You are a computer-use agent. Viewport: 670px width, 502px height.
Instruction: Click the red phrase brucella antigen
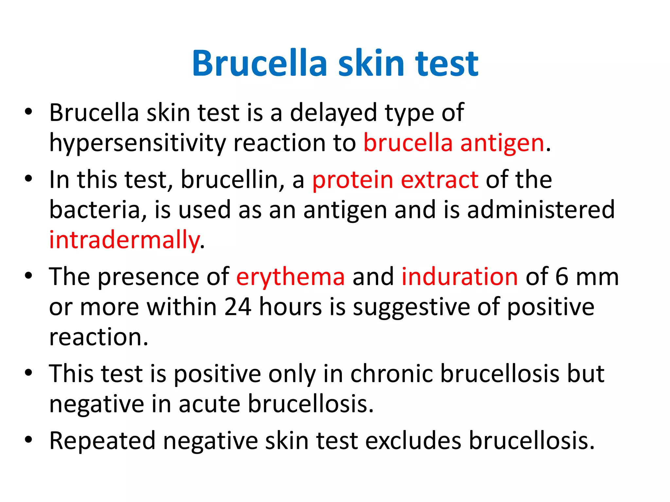(x=454, y=143)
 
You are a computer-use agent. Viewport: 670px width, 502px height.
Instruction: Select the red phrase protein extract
(x=395, y=180)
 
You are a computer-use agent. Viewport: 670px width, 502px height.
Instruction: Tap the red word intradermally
(x=124, y=240)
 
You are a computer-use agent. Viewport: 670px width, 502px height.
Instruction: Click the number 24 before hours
(x=238, y=307)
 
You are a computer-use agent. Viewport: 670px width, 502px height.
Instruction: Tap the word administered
(x=541, y=210)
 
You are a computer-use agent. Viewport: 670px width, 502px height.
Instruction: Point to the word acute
(x=209, y=404)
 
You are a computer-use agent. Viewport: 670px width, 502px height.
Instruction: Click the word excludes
(x=413, y=441)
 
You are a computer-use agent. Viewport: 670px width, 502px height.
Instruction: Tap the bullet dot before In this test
(x=28, y=179)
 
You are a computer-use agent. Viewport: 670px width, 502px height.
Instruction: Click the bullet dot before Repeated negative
(x=28, y=440)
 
